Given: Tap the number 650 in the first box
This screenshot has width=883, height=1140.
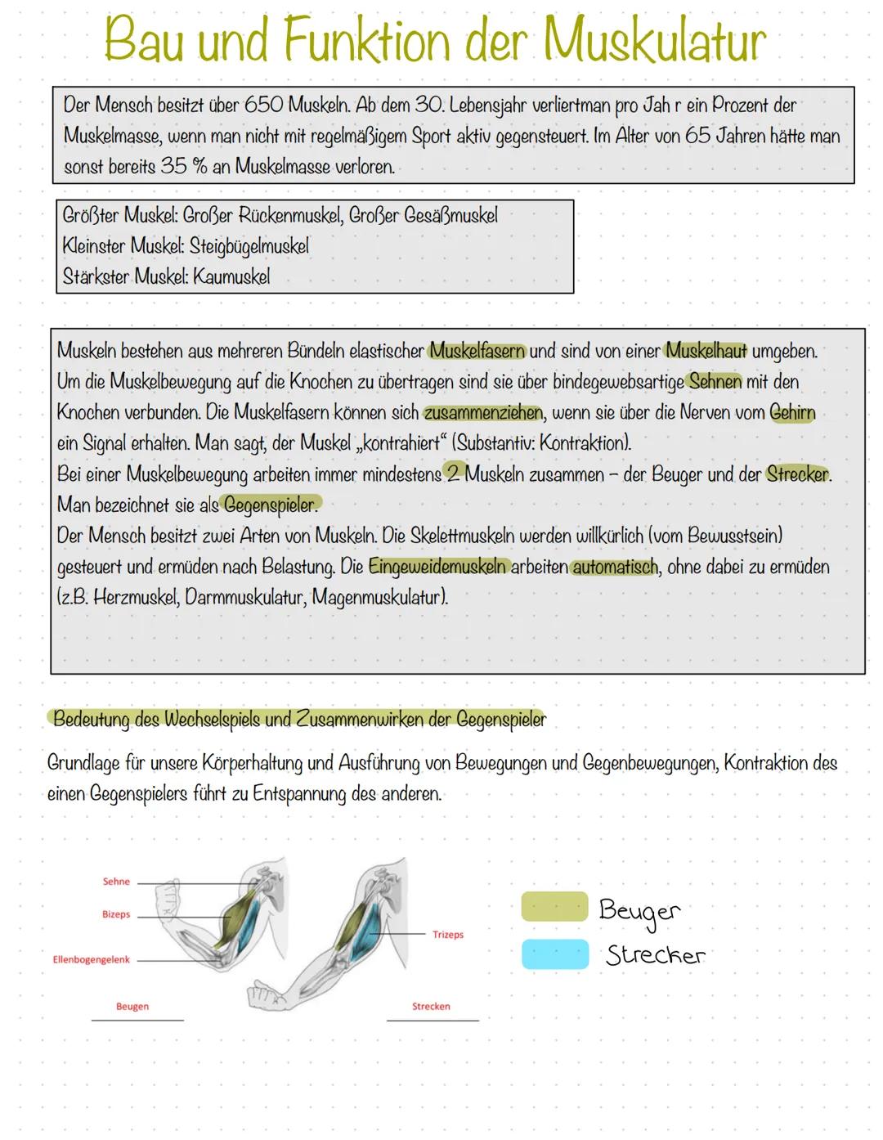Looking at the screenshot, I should click(263, 105).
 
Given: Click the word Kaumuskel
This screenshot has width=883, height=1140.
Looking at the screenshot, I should click(231, 276).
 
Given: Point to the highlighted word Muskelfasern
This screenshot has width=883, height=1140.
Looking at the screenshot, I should click(477, 352).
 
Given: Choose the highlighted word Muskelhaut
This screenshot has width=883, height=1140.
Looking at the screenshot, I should click(706, 352).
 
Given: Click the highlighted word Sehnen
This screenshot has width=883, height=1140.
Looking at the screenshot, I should click(715, 382).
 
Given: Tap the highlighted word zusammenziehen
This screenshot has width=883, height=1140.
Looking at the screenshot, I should click(483, 413).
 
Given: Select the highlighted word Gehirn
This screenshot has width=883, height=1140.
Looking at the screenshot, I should click(792, 413).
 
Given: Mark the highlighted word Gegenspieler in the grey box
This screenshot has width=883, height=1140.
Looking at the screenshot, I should click(270, 505).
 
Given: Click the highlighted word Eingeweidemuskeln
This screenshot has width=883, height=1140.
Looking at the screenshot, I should click(437, 567).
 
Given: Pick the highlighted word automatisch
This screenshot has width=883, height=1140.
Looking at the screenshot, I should click(615, 567).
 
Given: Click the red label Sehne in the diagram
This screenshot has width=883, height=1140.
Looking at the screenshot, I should click(116, 882).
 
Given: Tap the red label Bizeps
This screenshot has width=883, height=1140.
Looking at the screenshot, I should click(116, 914).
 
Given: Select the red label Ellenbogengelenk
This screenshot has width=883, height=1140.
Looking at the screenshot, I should click(91, 959).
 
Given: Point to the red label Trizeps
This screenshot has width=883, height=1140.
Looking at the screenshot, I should click(448, 934).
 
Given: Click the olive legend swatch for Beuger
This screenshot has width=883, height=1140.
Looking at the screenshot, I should click(554, 907).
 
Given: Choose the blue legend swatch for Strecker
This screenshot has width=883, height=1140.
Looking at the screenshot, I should click(554, 954).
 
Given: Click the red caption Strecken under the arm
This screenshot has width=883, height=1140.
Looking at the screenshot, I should click(431, 1007).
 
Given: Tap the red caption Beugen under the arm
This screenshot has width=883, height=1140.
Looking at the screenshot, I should click(132, 1007).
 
